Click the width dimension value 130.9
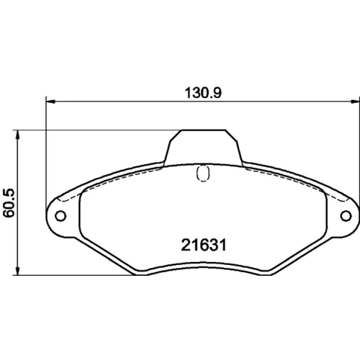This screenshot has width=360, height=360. (203, 93)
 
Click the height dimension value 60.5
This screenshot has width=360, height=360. (9, 203)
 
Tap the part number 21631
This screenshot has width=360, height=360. (204, 246)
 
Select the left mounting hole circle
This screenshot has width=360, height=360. (60, 216)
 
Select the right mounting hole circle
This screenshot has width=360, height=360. (346, 216)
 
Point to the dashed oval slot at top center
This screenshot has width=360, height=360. (203, 173)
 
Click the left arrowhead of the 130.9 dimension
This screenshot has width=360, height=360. (50, 102)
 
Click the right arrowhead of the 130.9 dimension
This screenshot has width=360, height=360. (355, 102)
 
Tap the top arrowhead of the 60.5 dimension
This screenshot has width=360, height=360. (17, 135)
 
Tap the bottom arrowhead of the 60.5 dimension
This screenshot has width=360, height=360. (17, 271)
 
